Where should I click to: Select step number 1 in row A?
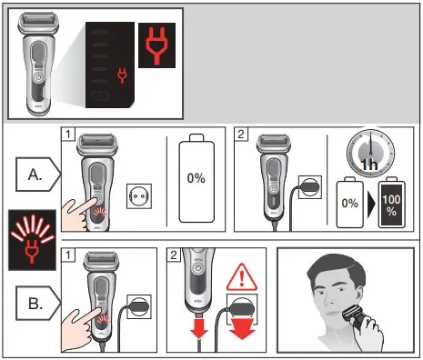tap(67, 135)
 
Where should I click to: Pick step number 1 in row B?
tap(67, 255)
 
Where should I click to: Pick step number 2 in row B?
tap(174, 255)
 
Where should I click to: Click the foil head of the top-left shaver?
tap(40, 23)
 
